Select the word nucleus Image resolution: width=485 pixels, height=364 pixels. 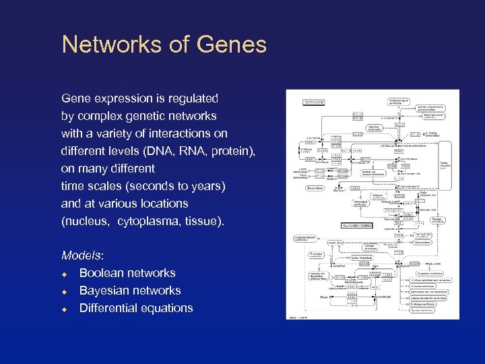pos(88,221)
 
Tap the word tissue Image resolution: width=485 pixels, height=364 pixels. pos(203,221)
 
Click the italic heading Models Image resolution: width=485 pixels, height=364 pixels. pos(82,255)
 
